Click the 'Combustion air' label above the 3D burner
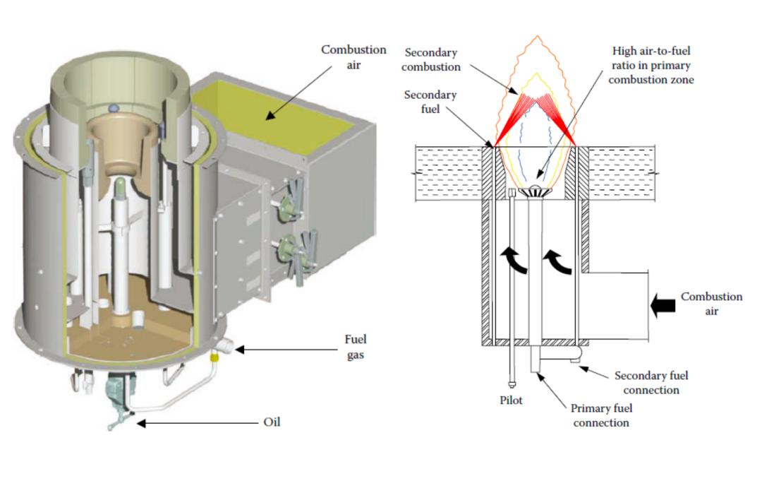point(353,57)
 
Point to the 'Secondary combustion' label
point(431,59)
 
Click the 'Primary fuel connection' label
point(601,415)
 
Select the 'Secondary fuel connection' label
point(651,382)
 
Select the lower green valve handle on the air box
point(290,249)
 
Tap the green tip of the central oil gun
point(121,188)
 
